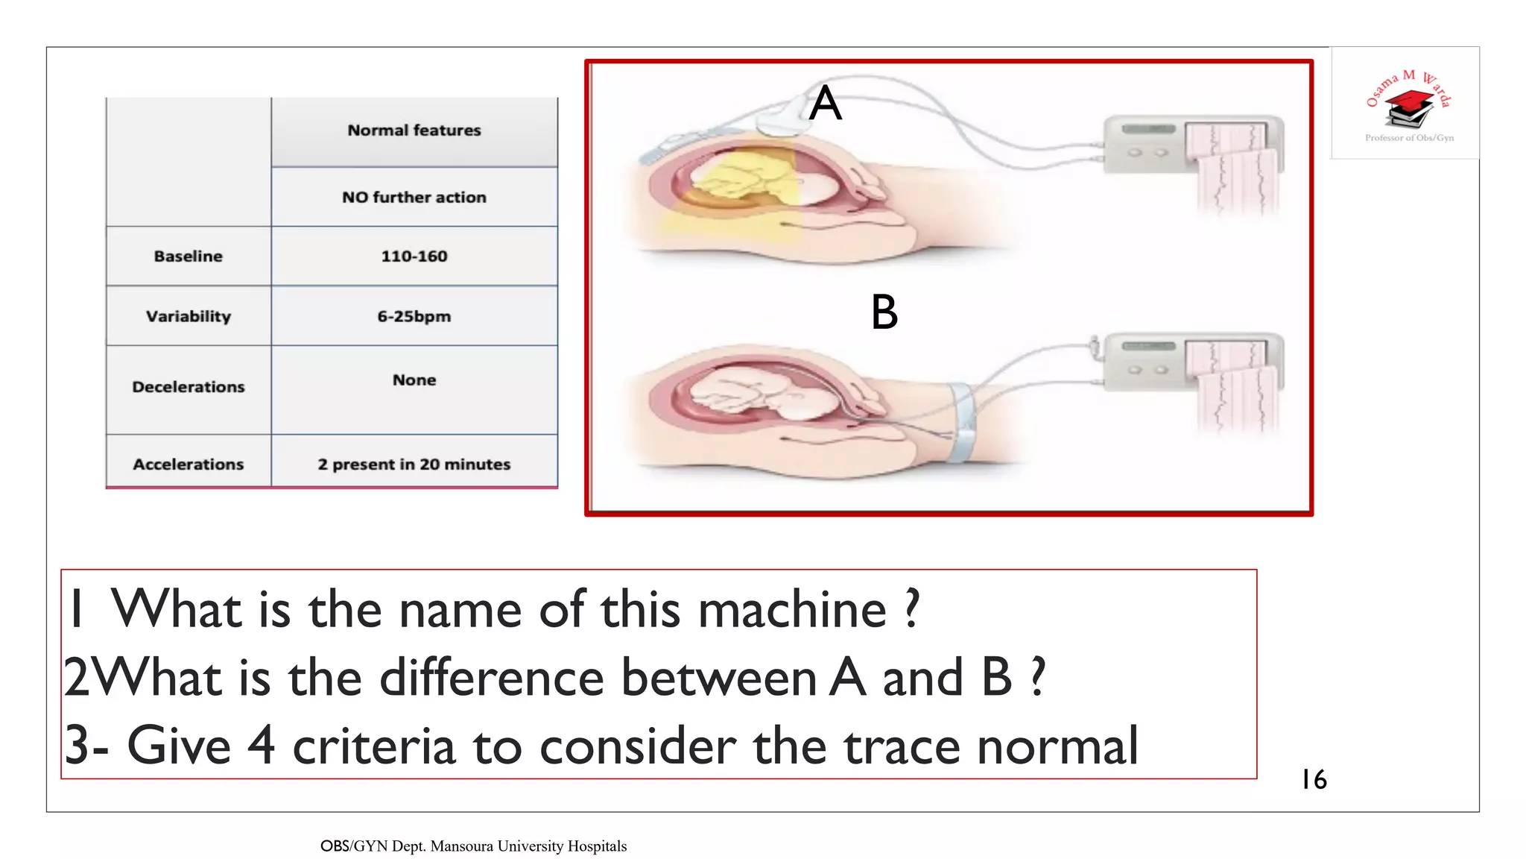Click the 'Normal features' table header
pos(414,130)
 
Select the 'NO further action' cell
pos(414,198)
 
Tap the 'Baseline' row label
pos(189,257)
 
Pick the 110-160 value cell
pos(414,257)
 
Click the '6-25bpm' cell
pos(414,316)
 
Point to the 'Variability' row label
pos(189,316)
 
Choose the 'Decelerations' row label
pos(189,387)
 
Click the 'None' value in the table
pos(414,380)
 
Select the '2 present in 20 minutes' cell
pos(414,465)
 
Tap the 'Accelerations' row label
pos(189,465)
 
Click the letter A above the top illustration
pos(826,103)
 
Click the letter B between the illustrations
pos(884,312)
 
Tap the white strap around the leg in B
pos(962,421)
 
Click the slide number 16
pos(1314,780)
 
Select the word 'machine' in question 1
pos(792,610)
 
